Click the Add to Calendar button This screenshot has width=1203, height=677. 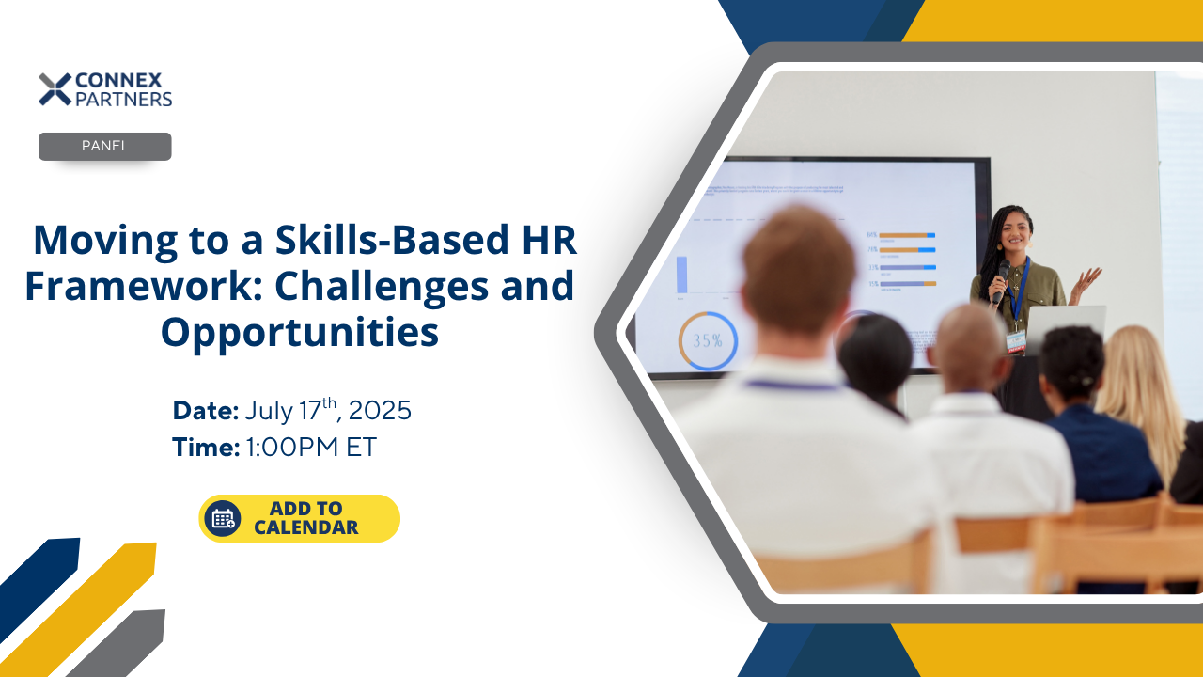pyautogui.click(x=299, y=518)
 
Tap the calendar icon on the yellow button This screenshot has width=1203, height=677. pyautogui.click(x=223, y=518)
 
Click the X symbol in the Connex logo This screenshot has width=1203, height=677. pyautogui.click(x=55, y=89)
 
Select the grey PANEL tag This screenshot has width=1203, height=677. pyautogui.click(x=104, y=147)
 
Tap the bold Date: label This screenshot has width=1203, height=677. pyautogui.click(x=205, y=411)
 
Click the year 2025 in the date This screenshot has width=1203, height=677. pyautogui.click(x=380, y=411)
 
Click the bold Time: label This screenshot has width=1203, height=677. pyautogui.click(x=206, y=448)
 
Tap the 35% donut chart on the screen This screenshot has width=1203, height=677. pyautogui.click(x=707, y=340)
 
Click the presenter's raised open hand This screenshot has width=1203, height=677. pyautogui.click(x=1086, y=278)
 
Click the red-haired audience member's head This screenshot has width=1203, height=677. pyautogui.click(x=797, y=268)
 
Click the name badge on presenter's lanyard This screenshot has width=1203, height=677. pyautogui.click(x=1016, y=340)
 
